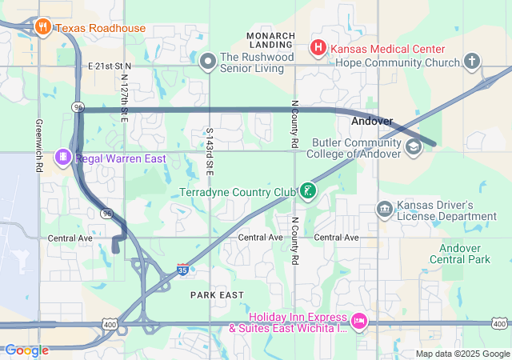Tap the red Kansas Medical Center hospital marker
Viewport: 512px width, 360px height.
pos(318,48)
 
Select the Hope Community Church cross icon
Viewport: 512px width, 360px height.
pos(472,61)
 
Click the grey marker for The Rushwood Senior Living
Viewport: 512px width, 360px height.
pos(208,61)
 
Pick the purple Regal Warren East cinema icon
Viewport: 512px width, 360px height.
pos(63,158)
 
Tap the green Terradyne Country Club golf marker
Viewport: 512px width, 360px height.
pos(308,191)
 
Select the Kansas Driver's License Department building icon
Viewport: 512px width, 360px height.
pos(385,210)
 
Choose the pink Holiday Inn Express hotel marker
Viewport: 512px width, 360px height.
pos(358,321)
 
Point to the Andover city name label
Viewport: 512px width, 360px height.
pos(372,122)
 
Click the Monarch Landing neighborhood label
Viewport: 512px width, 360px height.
pos(272,40)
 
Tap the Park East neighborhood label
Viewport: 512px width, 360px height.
pos(217,295)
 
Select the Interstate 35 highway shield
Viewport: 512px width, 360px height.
pos(183,271)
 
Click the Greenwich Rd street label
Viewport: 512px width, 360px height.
pos(38,146)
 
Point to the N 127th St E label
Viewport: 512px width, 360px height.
pos(125,97)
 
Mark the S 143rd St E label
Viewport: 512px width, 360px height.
pos(210,151)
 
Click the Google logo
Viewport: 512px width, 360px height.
pos(26,350)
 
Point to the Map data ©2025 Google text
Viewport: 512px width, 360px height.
pos(462,354)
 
